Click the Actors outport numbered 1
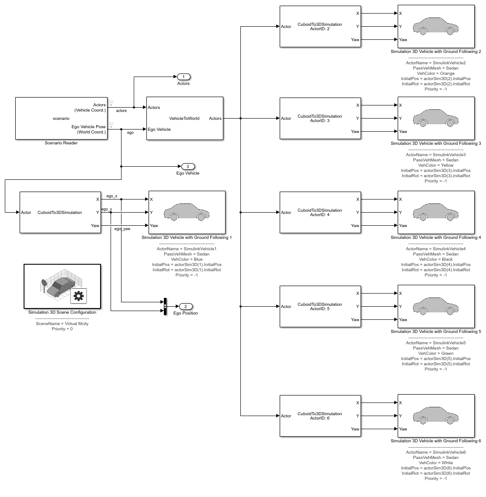(x=184, y=77)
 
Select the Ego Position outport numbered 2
(x=185, y=307)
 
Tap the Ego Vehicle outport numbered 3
(x=188, y=167)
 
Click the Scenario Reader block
(x=61, y=119)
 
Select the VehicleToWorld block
(x=184, y=119)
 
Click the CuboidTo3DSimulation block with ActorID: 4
(x=319, y=213)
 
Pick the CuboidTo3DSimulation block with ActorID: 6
(x=319, y=416)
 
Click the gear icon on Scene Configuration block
(x=79, y=296)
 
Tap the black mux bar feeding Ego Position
(x=165, y=307)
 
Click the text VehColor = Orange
(x=436, y=73)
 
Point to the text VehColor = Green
(x=436, y=353)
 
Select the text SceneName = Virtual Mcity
(x=62, y=324)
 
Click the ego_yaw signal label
(x=122, y=229)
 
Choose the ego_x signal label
(x=112, y=196)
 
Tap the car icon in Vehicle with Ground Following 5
(x=436, y=306)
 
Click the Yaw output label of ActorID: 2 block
(x=355, y=40)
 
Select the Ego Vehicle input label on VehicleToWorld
(x=159, y=129)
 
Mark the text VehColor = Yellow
(x=436, y=165)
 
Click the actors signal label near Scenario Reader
(x=121, y=111)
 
